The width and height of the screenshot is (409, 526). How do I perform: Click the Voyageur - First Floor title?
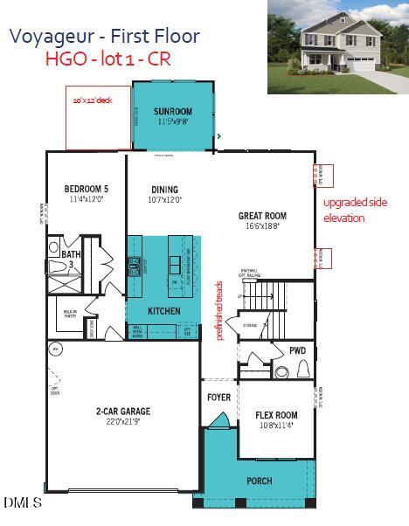pyautogui.click(x=104, y=37)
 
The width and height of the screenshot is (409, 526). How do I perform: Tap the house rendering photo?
pyautogui.click(x=337, y=47)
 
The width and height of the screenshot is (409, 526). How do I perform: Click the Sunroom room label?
pyautogui.click(x=173, y=113)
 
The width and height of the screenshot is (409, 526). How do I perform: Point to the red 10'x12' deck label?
pyautogui.click(x=93, y=100)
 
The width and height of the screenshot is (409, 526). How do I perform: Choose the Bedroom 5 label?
pyautogui.click(x=87, y=189)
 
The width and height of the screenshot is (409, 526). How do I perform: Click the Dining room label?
pyautogui.click(x=164, y=189)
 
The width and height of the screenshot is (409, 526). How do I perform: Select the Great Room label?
pyautogui.click(x=262, y=216)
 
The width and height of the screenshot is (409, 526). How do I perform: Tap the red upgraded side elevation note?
pyautogui.click(x=355, y=210)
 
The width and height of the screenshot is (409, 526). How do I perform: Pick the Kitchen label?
pyautogui.click(x=164, y=311)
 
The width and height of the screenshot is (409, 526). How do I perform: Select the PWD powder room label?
pyautogui.click(x=298, y=350)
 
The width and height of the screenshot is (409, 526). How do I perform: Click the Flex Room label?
pyautogui.click(x=276, y=415)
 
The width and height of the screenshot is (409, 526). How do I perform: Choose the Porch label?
pyautogui.click(x=260, y=481)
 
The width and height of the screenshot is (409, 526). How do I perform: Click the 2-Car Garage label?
pyautogui.click(x=122, y=411)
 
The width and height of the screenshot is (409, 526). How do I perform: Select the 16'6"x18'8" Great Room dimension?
pyautogui.click(x=262, y=225)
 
